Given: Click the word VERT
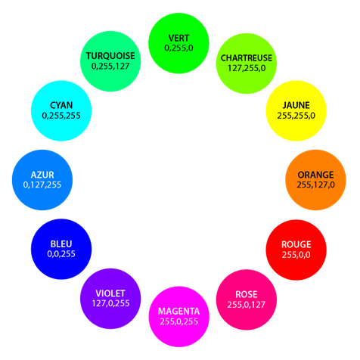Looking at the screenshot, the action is (178, 38).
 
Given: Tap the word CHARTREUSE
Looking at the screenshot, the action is (247, 58).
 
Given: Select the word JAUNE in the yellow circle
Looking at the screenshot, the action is (296, 105).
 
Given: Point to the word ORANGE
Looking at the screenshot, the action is (315, 175).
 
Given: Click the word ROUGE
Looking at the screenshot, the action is (296, 244).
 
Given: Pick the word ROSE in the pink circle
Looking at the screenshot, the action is (247, 294).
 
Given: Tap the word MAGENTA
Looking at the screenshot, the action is (178, 312).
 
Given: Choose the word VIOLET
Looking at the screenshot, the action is (110, 293).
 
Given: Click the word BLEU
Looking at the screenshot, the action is (61, 244).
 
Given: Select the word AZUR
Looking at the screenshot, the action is (42, 175).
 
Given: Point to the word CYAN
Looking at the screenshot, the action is (61, 105).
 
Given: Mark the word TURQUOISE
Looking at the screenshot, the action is (110, 56).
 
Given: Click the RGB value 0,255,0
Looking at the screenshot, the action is (178, 48).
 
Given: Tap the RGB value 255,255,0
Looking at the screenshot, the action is (296, 116).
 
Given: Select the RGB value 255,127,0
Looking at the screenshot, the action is (315, 185).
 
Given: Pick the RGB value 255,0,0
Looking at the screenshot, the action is (296, 255).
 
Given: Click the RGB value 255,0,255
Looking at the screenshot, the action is (178, 321).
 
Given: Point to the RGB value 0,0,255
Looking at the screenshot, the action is (61, 254).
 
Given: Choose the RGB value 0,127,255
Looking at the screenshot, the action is (42, 185).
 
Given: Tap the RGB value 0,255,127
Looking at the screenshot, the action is (110, 66).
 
